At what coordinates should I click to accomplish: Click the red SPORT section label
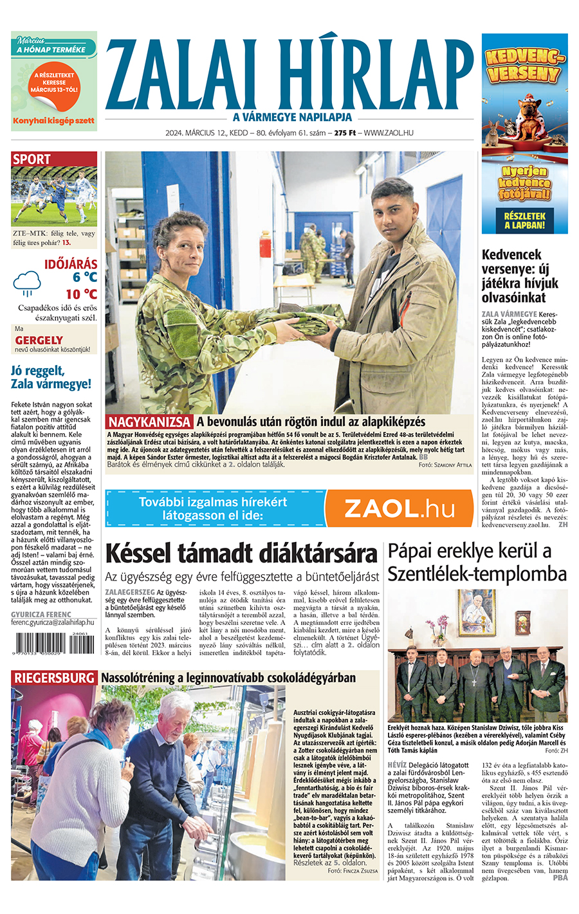(32, 159)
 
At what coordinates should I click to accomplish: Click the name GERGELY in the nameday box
(39, 340)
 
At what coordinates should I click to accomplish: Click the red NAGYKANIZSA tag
(150, 422)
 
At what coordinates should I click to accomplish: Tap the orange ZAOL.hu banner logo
(399, 508)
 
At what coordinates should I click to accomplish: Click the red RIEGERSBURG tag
(54, 678)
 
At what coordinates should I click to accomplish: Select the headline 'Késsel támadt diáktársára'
(241, 553)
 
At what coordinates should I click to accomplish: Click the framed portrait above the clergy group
(477, 612)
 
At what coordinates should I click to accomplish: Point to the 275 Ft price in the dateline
(345, 133)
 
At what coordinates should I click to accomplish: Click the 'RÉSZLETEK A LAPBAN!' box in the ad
(524, 221)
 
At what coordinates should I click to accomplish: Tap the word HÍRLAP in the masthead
(377, 77)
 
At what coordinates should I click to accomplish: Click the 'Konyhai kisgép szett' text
(53, 120)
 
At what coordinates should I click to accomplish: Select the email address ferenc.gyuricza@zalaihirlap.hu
(52, 623)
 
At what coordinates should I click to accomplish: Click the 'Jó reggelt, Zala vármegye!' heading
(51, 377)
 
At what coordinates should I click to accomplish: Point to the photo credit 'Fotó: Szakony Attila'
(445, 465)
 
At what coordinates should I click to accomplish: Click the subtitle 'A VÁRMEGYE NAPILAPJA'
(293, 117)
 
